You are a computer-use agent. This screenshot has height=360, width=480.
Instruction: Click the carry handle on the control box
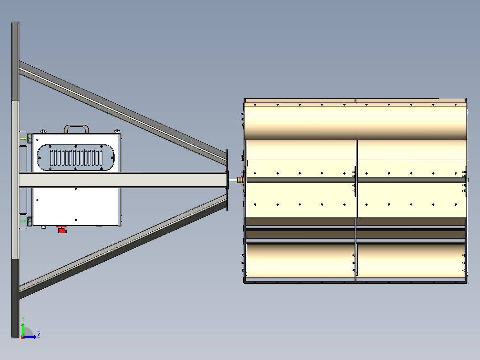[x=77, y=126]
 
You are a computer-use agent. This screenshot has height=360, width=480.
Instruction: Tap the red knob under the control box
[x=62, y=229]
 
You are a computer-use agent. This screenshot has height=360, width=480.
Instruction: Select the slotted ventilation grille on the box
[x=76, y=157]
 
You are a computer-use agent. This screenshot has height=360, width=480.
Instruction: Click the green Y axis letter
[x=23, y=319]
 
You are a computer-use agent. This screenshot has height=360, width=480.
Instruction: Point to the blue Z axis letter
[x=39, y=334]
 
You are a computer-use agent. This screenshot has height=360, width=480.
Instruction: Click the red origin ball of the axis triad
[x=23, y=337]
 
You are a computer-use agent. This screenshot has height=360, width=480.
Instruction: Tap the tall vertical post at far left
[x=15, y=180]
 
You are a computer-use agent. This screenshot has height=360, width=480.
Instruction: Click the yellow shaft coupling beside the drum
[x=240, y=180]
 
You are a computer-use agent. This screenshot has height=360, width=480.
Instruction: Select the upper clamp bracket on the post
[x=23, y=138]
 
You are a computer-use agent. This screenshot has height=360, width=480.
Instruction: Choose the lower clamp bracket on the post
[x=23, y=221]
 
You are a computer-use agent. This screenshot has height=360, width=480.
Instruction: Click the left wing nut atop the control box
[x=43, y=131]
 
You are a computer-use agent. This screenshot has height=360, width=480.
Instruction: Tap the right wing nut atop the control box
[x=117, y=131]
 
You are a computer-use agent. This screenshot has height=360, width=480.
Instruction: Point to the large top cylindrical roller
[x=355, y=122]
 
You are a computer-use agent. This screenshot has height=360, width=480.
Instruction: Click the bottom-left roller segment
[x=300, y=261]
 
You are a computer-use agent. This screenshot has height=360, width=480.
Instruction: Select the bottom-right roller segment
[x=411, y=261]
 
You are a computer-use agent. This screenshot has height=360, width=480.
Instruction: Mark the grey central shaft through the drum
[x=355, y=180]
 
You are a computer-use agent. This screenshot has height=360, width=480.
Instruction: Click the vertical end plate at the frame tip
[x=227, y=180]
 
